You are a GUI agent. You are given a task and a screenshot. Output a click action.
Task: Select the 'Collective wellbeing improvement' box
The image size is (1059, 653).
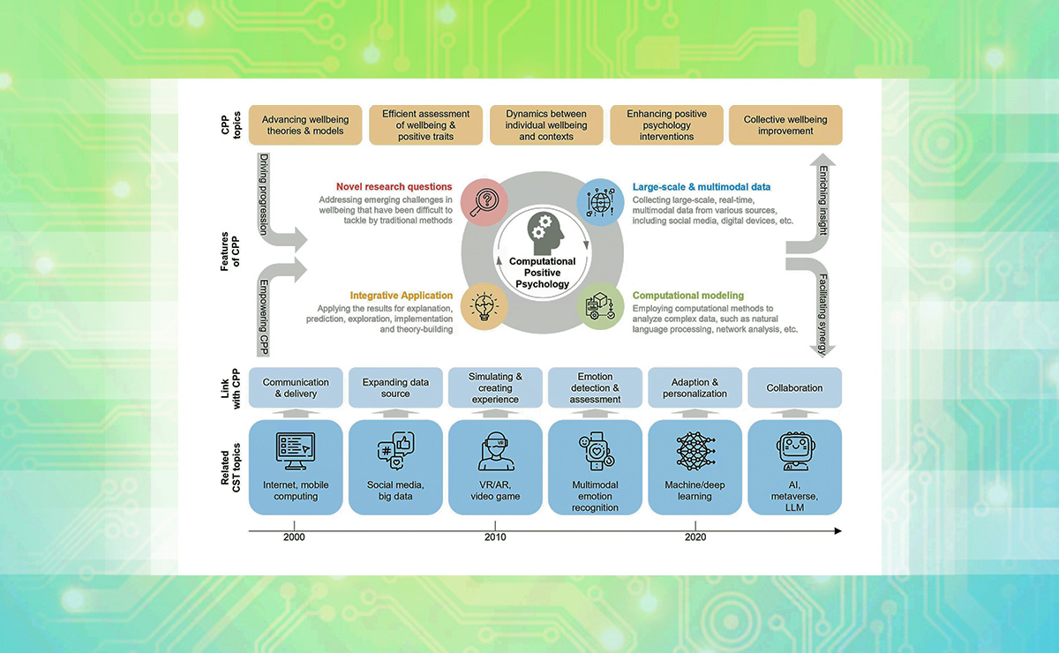tap(785, 125)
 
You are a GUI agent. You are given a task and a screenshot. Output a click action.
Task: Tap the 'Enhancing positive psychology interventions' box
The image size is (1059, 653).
tap(666, 125)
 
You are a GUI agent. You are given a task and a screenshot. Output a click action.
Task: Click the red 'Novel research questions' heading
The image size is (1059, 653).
tap(394, 187)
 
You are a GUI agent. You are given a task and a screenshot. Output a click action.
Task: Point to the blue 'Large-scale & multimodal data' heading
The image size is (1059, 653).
tap(701, 187)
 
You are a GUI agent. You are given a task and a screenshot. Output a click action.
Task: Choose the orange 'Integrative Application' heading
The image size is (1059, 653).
tap(402, 295)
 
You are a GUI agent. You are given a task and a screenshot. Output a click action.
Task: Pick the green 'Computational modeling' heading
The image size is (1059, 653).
tap(687, 295)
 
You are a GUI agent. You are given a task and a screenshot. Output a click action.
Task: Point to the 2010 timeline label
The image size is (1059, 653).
tap(494, 537)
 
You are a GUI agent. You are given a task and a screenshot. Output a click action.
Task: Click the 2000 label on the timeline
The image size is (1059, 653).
tap(295, 537)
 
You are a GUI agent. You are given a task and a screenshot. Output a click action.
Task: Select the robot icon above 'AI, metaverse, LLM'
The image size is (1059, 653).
tap(794, 451)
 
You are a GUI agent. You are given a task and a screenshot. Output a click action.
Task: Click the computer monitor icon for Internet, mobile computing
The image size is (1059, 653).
tap(296, 451)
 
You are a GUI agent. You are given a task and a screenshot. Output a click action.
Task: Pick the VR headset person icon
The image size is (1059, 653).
tap(495, 451)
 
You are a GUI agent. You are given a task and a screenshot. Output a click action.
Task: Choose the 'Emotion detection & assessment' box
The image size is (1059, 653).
tap(595, 387)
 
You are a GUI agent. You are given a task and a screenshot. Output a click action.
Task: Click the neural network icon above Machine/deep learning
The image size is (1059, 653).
tap(695, 451)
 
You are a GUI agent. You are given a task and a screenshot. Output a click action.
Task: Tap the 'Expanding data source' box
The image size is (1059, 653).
tap(395, 387)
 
